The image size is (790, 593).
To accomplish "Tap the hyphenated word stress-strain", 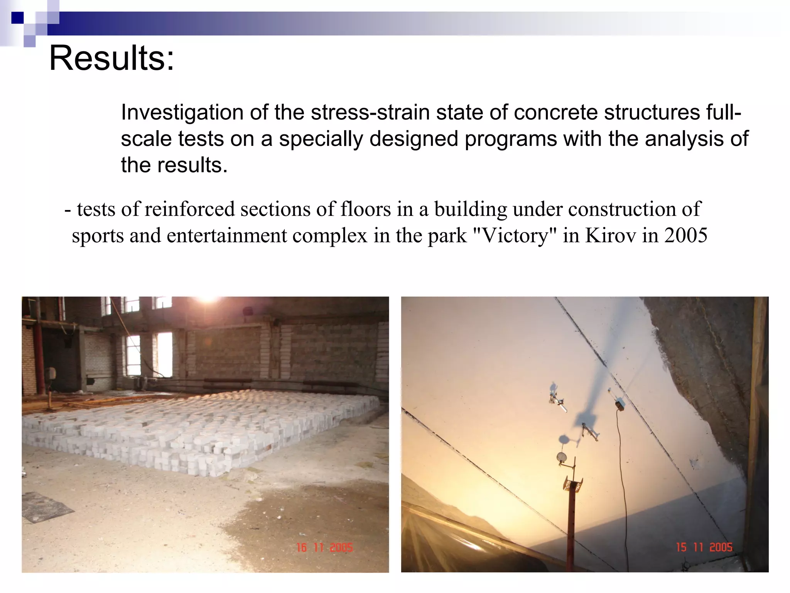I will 370,113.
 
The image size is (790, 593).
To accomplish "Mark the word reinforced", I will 189,209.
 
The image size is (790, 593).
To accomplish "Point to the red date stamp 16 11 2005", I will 324,547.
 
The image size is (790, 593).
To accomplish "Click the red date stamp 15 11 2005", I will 704,547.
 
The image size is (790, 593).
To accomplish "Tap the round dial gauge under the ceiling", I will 562,457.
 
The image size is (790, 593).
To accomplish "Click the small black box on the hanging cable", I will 620,405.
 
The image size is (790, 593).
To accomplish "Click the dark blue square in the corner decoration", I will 17,18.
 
